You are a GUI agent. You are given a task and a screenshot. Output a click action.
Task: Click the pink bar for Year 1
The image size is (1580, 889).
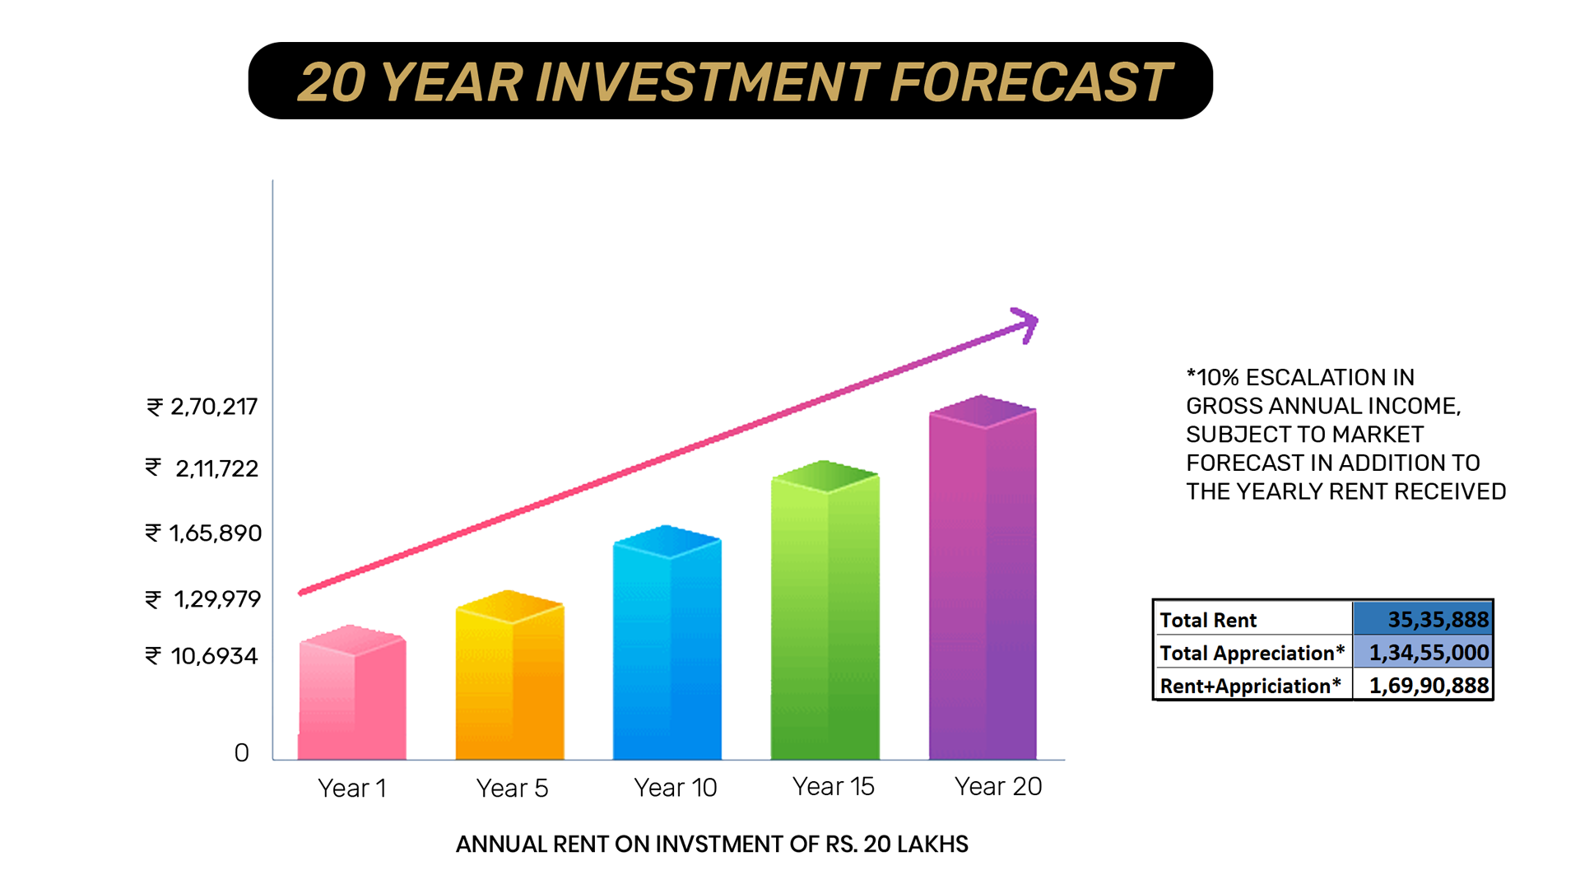352,692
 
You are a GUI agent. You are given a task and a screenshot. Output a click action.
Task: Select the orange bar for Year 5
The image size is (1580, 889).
510,675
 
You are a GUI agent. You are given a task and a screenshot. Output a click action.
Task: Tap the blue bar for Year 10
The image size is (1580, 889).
667,642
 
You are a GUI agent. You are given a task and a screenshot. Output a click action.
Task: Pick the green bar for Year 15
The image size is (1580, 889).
825,610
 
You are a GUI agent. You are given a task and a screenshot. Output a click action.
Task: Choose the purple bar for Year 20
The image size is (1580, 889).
983,577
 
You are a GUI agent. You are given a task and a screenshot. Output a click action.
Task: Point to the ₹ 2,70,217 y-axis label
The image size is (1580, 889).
202,407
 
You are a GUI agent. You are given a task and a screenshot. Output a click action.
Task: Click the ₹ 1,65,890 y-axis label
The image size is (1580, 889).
203,533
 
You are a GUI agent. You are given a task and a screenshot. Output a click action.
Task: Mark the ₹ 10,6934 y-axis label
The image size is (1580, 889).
202,656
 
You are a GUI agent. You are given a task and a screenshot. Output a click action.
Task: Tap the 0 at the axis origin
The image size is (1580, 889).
241,752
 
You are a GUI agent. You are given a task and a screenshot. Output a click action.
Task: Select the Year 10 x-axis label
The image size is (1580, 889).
676,788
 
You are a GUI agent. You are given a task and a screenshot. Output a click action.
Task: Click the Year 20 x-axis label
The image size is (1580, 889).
998,786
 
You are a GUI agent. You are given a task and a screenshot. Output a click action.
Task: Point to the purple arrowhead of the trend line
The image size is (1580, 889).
1026,324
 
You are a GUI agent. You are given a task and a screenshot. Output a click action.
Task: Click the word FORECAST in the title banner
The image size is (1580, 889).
1031,82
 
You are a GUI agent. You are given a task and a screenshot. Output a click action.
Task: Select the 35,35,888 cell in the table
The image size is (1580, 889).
1423,619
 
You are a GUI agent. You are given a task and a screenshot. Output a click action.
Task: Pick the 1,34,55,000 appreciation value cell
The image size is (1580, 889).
1423,653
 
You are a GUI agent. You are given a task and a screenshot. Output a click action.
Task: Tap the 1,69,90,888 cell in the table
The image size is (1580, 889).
1423,686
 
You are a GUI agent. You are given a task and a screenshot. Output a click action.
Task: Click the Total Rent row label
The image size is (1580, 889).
1208,620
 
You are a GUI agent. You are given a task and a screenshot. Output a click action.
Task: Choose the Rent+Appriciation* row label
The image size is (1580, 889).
1251,686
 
